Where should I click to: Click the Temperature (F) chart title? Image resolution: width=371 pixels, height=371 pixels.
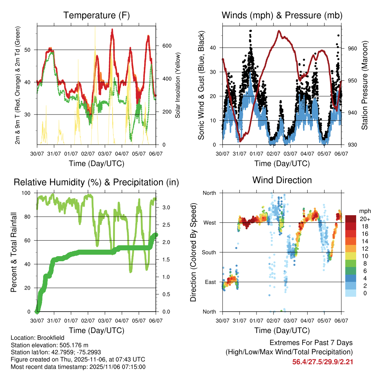click(x=96, y=15)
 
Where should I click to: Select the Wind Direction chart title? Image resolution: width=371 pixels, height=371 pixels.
click(x=282, y=180)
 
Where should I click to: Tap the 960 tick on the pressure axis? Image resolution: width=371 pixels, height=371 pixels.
click(x=353, y=48)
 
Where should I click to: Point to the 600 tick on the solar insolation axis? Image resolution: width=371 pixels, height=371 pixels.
click(x=167, y=46)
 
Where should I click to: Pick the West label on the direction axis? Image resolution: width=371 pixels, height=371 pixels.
click(x=209, y=222)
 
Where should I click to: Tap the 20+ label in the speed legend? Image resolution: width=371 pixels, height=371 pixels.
click(x=364, y=219)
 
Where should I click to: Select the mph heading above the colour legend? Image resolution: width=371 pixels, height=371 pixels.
click(x=364, y=211)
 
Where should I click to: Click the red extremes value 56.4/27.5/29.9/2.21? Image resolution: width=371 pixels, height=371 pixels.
click(x=322, y=362)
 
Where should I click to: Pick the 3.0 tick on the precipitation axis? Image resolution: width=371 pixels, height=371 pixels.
click(x=166, y=208)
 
